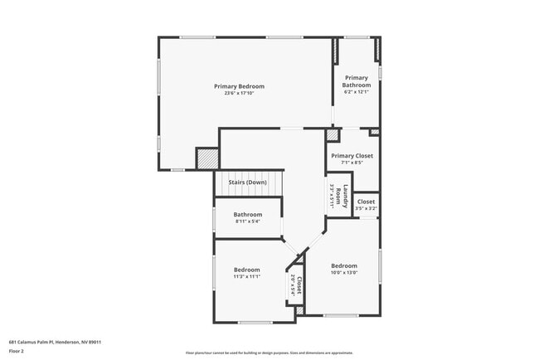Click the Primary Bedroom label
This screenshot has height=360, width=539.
coord(239,86)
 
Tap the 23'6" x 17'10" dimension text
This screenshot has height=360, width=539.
coord(239,94)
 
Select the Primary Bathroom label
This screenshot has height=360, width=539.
coord(357,81)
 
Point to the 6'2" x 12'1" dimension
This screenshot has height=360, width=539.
coord(357,92)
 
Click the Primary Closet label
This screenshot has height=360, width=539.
coord(352,156)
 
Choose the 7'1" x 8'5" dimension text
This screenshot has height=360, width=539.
coord(352,163)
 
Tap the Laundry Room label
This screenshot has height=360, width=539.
coord(339,195)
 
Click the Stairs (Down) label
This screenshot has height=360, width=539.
coord(247,182)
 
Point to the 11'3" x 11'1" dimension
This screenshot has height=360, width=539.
coord(246,277)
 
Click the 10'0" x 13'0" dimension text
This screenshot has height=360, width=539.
coord(344,273)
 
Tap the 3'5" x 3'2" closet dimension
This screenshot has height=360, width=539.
coord(366,208)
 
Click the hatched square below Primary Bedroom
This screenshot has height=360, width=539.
coord(207,158)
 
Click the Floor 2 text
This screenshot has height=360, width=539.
coord(17,352)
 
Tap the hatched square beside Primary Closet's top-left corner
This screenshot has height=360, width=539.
coord(333,134)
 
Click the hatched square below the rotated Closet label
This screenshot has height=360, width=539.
coord(300,310)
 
